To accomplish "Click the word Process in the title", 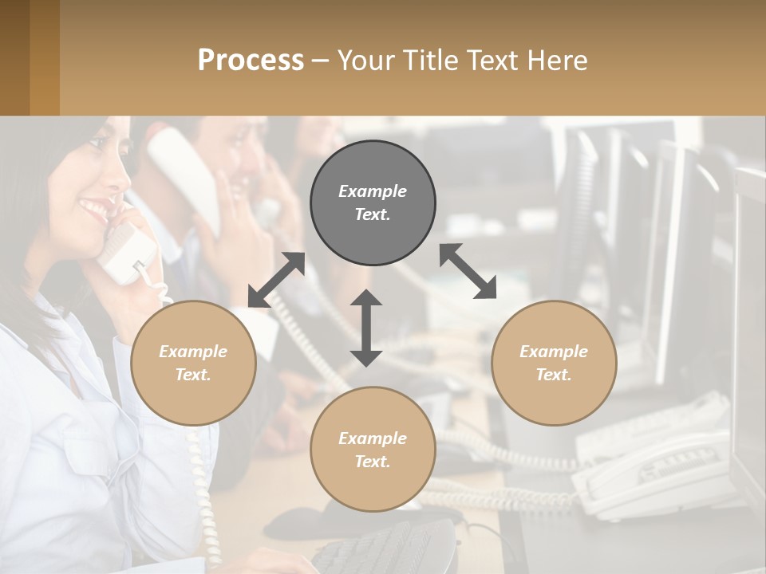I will point(251,61).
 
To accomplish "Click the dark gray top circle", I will point(373,202).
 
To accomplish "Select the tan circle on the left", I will point(193,363).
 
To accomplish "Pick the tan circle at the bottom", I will point(373,450).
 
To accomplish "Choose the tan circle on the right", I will point(554,363).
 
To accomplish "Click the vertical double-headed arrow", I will point(366,328).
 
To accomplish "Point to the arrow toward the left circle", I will point(276,280).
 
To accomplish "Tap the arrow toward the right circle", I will point(468,271).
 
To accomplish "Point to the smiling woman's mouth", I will point(94,210).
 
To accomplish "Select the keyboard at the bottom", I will point(383,547).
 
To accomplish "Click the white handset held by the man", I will point(184,175).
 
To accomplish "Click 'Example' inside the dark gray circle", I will point(373,191).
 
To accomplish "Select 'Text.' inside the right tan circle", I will point(554,375).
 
